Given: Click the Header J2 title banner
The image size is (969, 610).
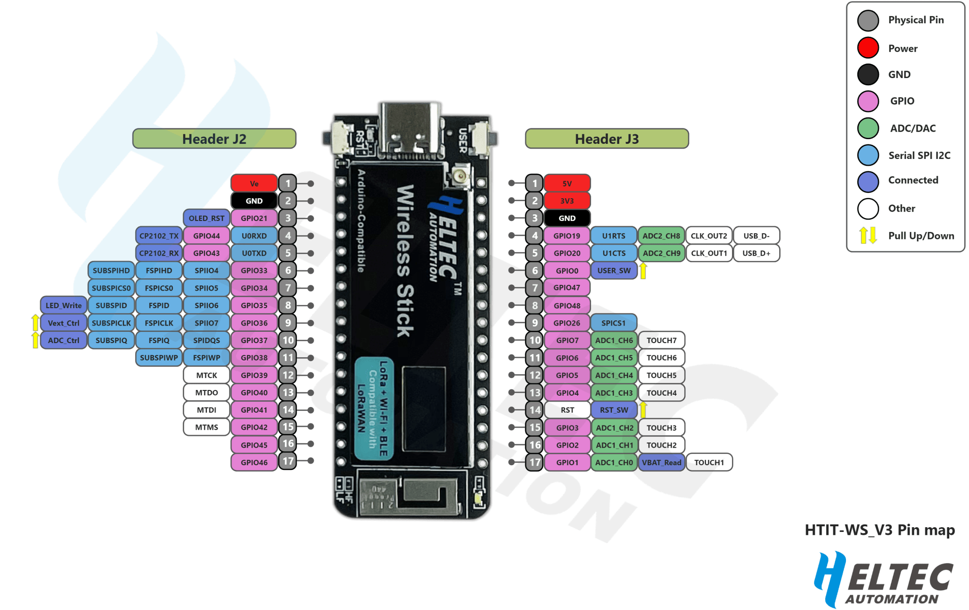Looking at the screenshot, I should click(214, 139).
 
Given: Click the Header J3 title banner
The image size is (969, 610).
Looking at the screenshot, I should click(607, 139).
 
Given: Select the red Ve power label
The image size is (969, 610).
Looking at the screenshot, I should click(254, 184).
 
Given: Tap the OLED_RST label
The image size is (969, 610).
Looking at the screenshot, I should click(206, 218).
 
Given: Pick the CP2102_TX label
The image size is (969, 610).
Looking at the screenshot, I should click(159, 236).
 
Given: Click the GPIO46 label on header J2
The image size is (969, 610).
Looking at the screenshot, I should click(254, 462).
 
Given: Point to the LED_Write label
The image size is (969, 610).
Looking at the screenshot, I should click(63, 305).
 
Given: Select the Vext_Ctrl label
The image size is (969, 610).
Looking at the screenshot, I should click(63, 323).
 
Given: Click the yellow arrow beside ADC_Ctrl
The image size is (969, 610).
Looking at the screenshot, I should click(35, 340).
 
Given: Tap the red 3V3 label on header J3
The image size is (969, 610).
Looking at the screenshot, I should click(567, 201).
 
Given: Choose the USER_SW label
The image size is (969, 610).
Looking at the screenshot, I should click(614, 270).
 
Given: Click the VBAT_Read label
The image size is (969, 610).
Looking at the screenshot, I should click(661, 462).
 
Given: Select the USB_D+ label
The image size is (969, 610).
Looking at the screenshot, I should click(756, 253).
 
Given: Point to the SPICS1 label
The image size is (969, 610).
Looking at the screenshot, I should click(613, 323).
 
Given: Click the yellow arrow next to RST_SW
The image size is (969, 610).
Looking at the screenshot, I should click(643, 409).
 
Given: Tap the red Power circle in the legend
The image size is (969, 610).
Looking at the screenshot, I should click(868, 48).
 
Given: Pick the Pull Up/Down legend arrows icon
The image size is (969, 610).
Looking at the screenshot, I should click(868, 235).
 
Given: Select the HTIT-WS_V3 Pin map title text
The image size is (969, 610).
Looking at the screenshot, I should click(880, 530).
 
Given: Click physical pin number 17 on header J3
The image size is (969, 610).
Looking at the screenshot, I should click(535, 462).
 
